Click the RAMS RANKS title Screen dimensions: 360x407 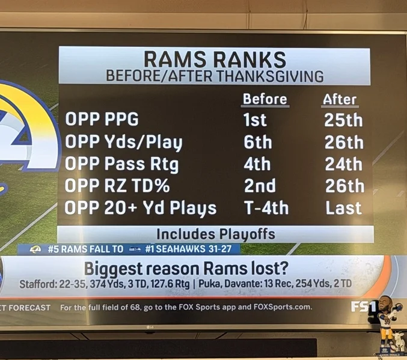click(x=215, y=60)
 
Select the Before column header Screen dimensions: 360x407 click(x=265, y=99)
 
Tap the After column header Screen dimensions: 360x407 click(x=340, y=99)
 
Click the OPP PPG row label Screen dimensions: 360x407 click(x=102, y=120)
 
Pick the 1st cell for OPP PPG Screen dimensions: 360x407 click(x=254, y=120)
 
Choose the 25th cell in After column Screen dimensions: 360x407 click(x=343, y=120)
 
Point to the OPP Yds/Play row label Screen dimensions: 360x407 click(x=123, y=142)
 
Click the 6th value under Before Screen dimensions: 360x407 click(x=257, y=142)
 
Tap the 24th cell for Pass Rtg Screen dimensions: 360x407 click(x=343, y=163)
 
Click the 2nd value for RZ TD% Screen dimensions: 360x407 click(x=260, y=186)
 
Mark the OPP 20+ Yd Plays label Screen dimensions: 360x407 click(x=141, y=208)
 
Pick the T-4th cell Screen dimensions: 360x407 click(x=266, y=208)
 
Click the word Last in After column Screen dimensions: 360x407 click(x=343, y=208)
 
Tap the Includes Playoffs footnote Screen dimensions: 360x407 click(x=215, y=234)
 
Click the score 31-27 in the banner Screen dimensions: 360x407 click(x=225, y=248)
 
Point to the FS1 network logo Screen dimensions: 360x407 click(x=363, y=307)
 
